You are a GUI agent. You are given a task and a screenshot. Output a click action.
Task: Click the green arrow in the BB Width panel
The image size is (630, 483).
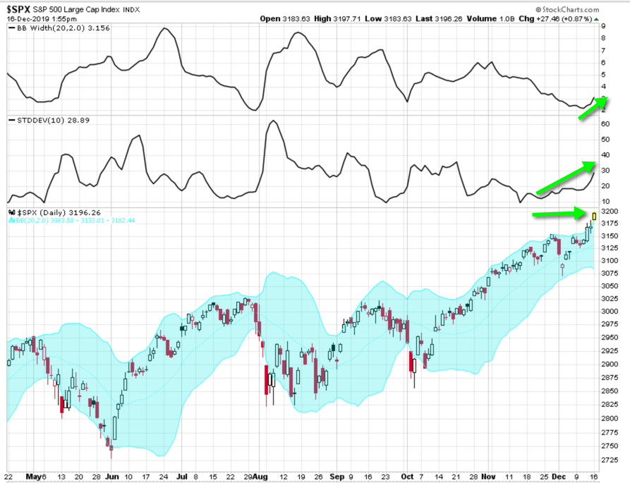pos(592,109)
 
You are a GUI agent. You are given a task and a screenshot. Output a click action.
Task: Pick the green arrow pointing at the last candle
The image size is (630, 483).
pos(562,213)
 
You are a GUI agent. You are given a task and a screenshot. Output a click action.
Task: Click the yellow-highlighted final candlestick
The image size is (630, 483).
pos(595,216)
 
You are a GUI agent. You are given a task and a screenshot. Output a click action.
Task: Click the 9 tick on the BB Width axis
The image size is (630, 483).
pos(605,27)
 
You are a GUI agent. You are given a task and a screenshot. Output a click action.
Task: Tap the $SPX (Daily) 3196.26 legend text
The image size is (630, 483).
pos(49,212)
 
